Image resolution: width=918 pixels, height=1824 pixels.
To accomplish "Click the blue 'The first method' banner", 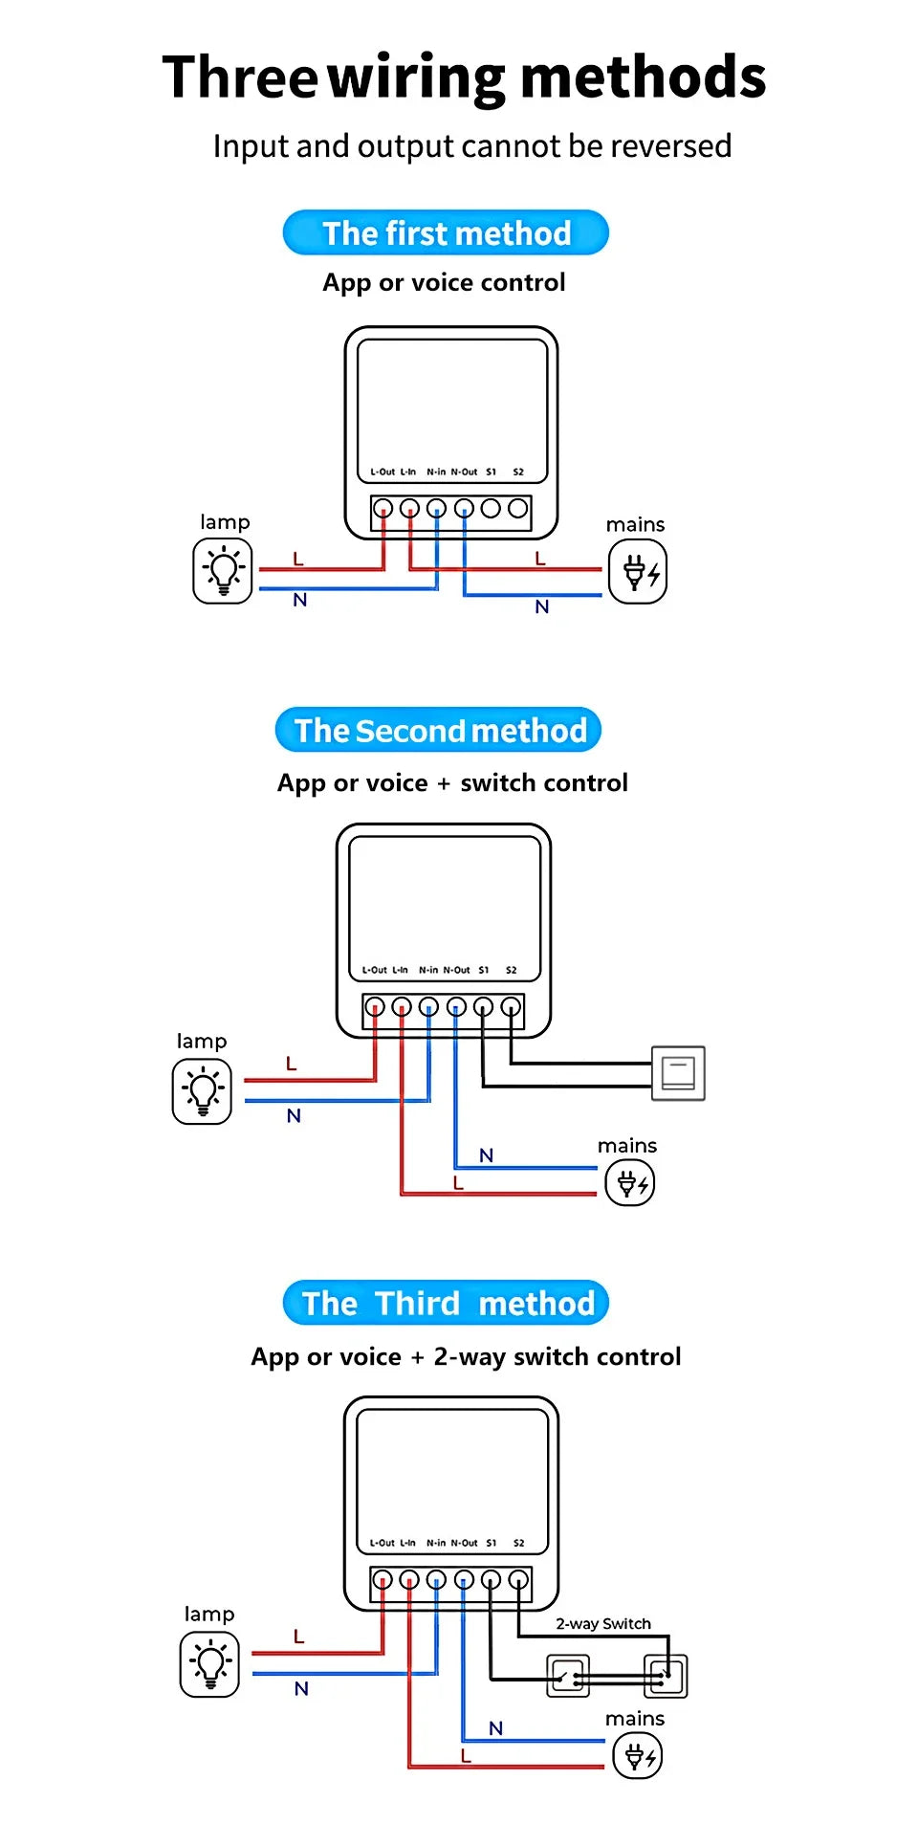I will tap(446, 232).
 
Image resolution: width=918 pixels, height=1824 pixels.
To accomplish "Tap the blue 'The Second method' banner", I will tap(439, 730).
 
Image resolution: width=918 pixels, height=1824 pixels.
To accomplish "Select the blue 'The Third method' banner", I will tap(447, 1303).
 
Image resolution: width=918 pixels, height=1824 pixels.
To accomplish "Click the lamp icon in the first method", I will tap(223, 571).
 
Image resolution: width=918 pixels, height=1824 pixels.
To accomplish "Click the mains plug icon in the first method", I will tap(638, 572).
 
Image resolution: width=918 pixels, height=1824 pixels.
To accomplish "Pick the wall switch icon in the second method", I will tap(678, 1073).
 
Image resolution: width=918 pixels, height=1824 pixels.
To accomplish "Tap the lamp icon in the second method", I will tap(202, 1091).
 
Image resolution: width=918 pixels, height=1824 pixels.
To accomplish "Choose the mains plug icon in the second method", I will tap(630, 1183).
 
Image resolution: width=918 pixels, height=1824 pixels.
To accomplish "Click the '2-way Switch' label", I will tap(603, 1623).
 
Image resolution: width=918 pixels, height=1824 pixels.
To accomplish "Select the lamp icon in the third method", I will tap(209, 1665).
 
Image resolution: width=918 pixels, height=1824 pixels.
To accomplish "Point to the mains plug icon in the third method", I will tap(637, 1756).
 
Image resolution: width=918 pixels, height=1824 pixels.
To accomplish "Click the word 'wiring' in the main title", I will tap(417, 78).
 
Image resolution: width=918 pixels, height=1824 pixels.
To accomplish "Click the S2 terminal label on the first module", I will tap(518, 472).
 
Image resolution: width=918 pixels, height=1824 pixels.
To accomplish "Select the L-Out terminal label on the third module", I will tap(382, 1543).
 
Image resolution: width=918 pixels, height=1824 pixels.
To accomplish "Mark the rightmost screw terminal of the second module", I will tap(511, 1006).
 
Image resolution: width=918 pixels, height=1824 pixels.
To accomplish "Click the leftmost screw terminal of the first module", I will tap(382, 508).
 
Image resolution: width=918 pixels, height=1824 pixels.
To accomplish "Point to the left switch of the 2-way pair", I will tap(568, 1676).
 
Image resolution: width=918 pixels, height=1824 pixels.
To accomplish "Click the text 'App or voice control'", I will tap(444, 282).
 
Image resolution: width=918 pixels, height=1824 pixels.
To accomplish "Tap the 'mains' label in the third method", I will tap(635, 1719).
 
